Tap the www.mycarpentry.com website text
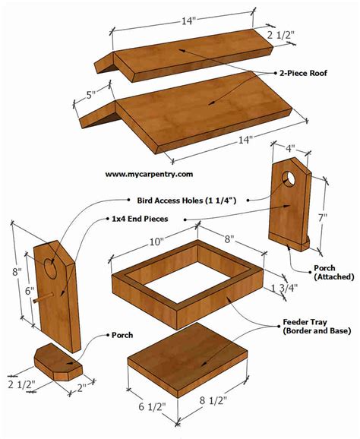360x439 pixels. click(149, 174)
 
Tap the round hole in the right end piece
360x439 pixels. click(290, 178)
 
